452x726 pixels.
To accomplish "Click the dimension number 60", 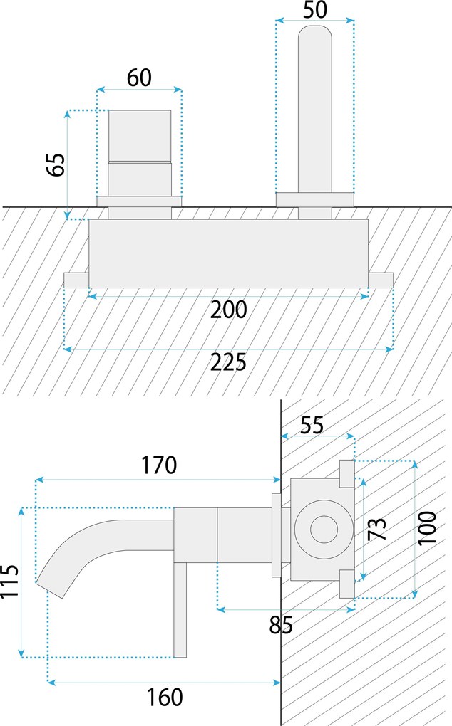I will click(x=140, y=78).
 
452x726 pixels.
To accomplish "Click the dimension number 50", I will click(x=314, y=11).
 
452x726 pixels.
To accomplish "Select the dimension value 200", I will click(x=228, y=310).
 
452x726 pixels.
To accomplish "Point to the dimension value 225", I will click(x=228, y=362).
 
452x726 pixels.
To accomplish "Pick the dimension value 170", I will click(x=158, y=465).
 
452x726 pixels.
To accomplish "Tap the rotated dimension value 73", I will click(x=377, y=529).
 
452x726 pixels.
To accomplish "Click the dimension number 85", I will click(x=281, y=626).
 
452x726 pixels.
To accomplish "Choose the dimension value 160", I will click(x=165, y=697).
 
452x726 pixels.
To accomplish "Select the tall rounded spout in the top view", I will click(x=314, y=107).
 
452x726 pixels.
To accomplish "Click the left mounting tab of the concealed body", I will click(x=76, y=280).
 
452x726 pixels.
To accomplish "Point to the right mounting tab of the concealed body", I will click(x=381, y=280).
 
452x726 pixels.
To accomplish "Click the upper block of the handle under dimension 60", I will click(x=140, y=135).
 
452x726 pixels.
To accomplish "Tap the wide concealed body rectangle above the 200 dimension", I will click(x=228, y=253).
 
